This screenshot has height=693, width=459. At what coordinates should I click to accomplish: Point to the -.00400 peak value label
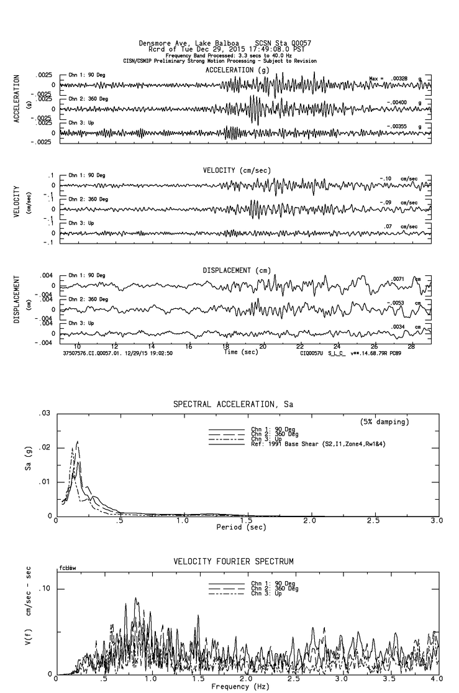pos(396,103)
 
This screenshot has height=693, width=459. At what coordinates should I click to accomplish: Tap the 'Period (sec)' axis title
pos(241,527)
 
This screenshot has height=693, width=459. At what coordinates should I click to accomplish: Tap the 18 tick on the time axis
pos(226,346)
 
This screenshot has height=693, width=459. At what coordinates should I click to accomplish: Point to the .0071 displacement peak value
pos(398,279)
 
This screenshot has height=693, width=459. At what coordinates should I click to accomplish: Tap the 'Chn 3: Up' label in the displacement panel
pos(81,323)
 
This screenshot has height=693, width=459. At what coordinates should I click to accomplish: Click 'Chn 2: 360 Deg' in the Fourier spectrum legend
pos(275,589)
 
